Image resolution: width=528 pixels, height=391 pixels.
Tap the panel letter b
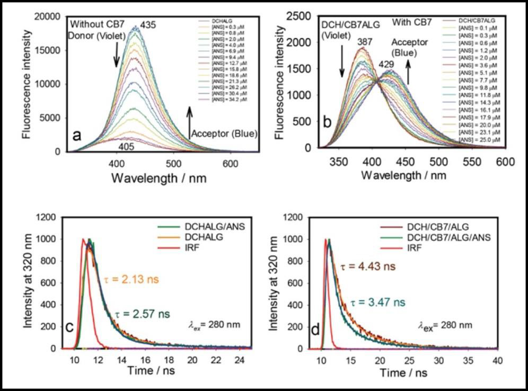pyautogui.click(x=327, y=123)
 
